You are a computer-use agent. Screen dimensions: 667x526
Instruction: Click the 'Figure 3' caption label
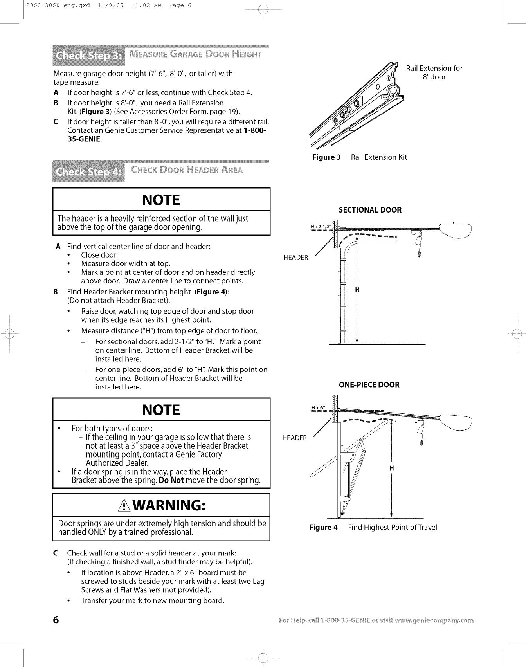(326, 157)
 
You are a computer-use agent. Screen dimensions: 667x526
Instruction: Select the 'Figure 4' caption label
(323, 527)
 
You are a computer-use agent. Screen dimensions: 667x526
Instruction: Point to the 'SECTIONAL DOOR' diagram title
(370, 210)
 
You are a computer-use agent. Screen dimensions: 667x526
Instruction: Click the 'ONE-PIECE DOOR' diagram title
(369, 385)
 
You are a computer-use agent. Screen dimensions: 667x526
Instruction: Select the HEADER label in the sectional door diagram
(296, 258)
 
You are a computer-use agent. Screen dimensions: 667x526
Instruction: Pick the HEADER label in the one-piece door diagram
(295, 438)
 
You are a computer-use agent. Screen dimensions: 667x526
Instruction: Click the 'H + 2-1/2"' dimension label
(321, 227)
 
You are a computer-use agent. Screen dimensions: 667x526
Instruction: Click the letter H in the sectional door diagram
(357, 290)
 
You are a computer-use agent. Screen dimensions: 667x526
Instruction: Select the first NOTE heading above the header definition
(161, 200)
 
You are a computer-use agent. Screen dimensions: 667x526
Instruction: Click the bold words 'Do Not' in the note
(171, 480)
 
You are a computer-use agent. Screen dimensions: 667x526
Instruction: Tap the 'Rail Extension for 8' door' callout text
(434, 73)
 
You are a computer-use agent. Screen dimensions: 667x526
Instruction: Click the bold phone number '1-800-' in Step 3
(255, 130)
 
